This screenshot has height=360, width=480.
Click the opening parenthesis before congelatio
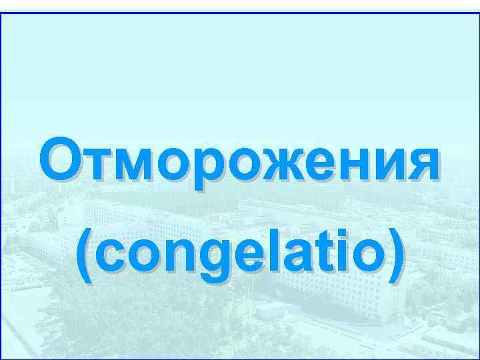(84, 256)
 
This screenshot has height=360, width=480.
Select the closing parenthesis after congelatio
(395, 256)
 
